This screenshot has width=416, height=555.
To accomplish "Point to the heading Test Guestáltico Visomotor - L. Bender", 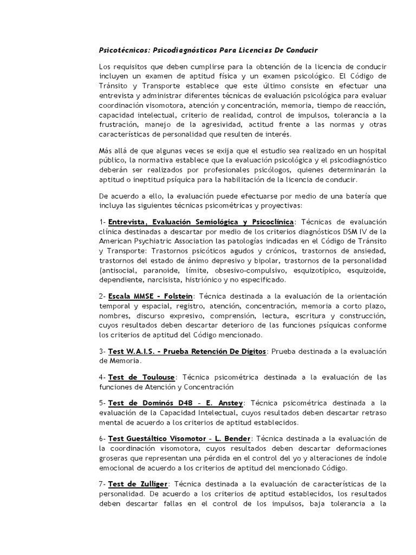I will [179, 438].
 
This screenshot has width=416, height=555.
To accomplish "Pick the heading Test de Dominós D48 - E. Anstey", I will [177, 403].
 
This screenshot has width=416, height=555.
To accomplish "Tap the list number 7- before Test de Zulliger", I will [102, 483].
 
